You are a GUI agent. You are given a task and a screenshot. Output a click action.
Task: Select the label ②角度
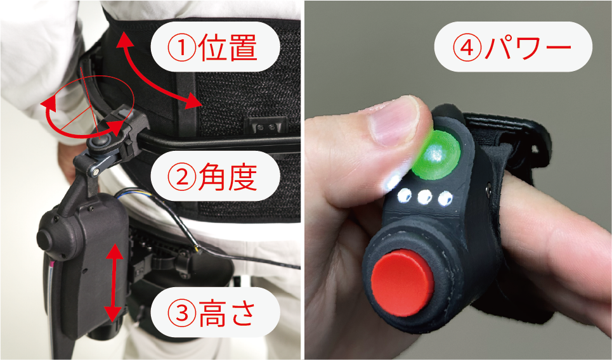216,178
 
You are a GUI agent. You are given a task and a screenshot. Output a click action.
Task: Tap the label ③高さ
216,312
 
